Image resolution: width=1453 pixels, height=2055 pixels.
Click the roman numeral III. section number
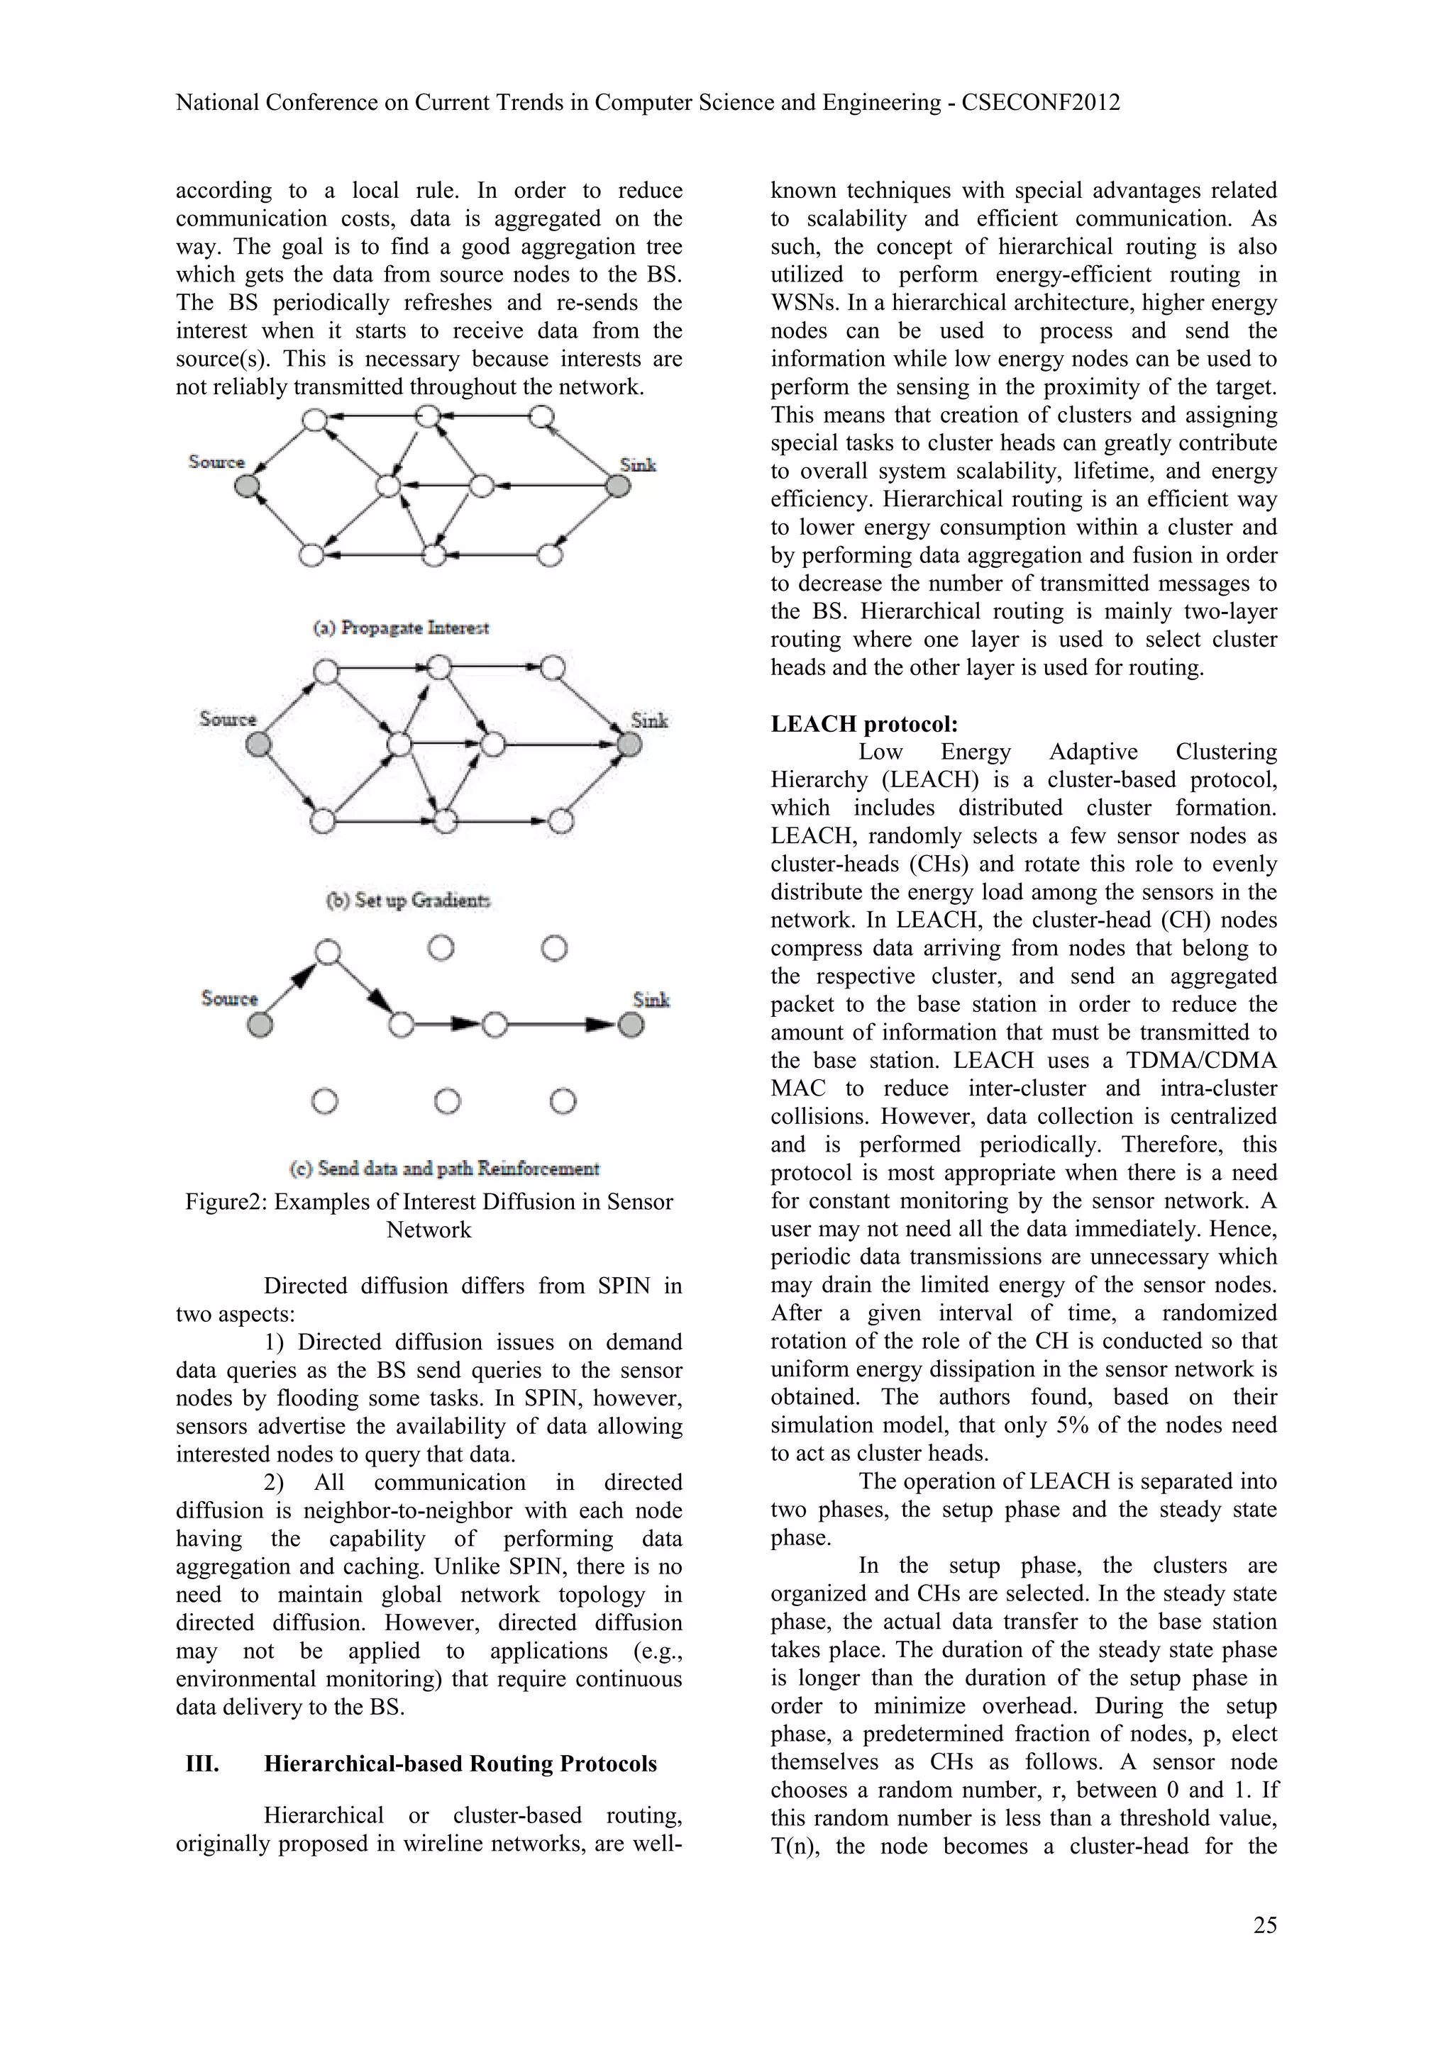coord(202,1764)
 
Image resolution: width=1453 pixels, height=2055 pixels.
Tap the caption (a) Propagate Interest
coord(401,628)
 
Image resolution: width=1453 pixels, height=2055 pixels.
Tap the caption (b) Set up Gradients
coord(408,900)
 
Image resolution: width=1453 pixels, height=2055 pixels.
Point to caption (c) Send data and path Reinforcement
coord(445,1168)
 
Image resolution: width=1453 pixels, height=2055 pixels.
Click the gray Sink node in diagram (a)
coord(617,486)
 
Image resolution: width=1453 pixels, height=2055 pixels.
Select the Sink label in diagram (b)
coord(649,720)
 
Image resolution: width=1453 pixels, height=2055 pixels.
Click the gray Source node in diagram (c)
coord(260,1025)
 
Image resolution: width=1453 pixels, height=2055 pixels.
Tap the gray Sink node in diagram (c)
coord(631,1025)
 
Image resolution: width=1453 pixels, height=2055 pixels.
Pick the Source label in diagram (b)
coord(228,719)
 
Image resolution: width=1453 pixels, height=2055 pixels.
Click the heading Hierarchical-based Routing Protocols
coord(460,1764)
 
